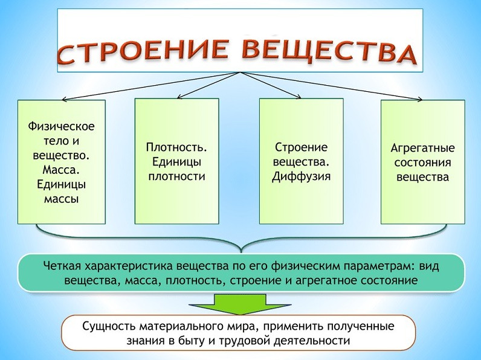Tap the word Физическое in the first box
tap(62, 126)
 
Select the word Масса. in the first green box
tap(62, 170)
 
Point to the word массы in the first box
tap(62, 199)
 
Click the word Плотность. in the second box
tap(176, 147)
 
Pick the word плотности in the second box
tap(176, 176)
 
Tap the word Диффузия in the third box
tap(302, 176)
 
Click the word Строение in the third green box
tap(302, 147)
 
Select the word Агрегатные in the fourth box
tap(423, 148)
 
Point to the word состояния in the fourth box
tap(423, 162)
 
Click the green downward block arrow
tap(240, 304)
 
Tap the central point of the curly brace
tap(241, 250)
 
